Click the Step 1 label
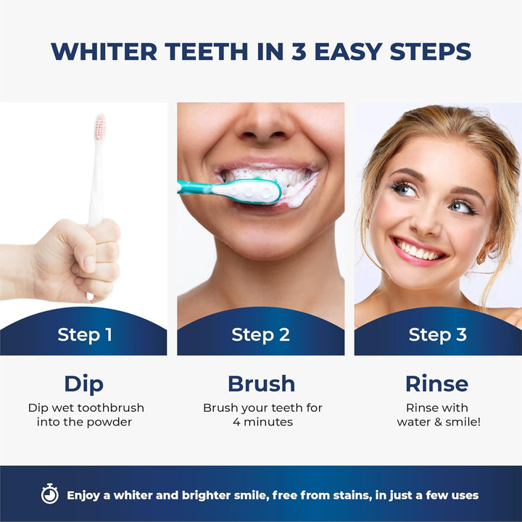85,334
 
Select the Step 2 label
260,334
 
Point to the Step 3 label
437,334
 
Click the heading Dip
83,383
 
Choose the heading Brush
261,383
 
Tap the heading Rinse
436,383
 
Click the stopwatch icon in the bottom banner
49,494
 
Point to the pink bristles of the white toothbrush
100,128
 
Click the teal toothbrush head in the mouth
257,191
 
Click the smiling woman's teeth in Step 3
418,252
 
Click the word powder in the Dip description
112,422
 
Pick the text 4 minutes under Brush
262,422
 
